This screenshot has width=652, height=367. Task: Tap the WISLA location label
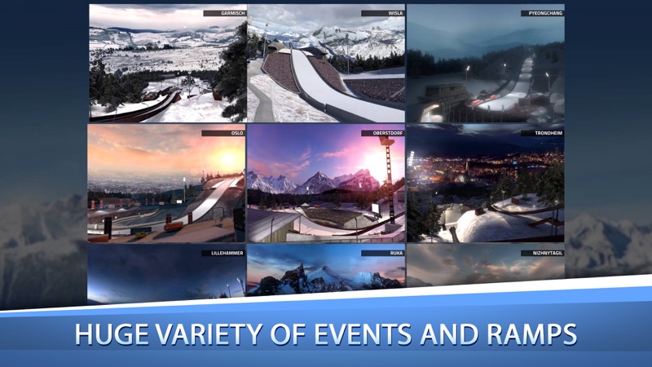click(x=382, y=14)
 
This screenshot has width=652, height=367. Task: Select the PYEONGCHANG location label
click(x=542, y=14)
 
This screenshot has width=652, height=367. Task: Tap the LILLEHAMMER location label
click(x=222, y=253)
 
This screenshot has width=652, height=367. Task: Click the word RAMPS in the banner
click(x=530, y=334)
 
